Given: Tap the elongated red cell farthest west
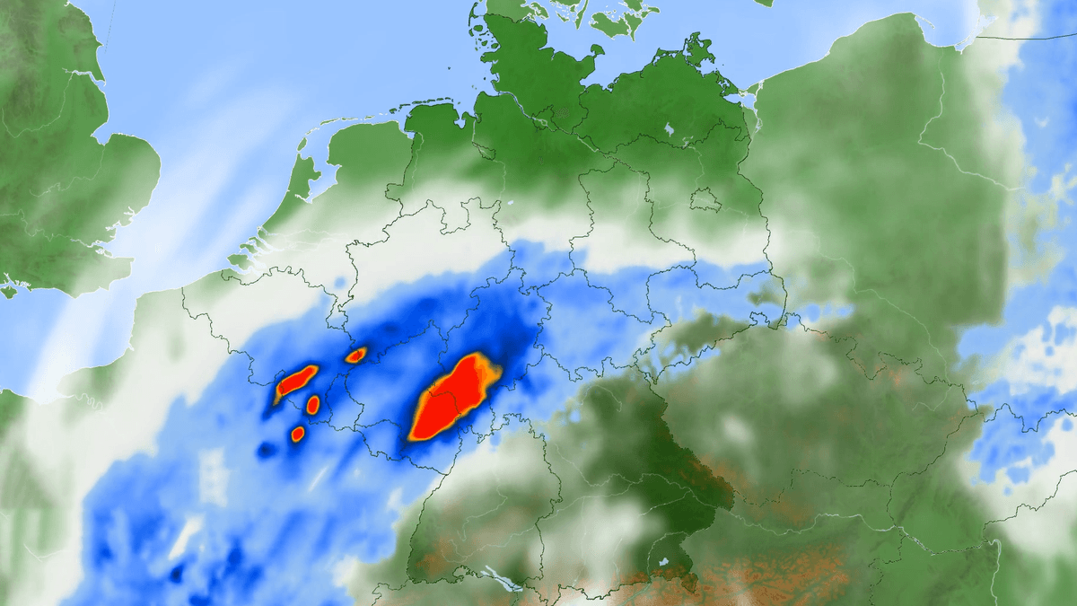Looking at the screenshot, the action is click(295, 382).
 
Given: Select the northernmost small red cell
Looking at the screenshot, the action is click(356, 355).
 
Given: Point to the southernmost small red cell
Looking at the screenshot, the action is click(298, 435).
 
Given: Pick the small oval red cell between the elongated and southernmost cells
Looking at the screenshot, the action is click(312, 405).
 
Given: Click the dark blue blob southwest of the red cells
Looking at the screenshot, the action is click(266, 450).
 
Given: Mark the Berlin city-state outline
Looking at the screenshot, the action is click(705, 199).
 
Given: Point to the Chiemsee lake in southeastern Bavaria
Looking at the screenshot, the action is click(662, 562).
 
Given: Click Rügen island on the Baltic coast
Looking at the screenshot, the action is click(692, 45).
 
